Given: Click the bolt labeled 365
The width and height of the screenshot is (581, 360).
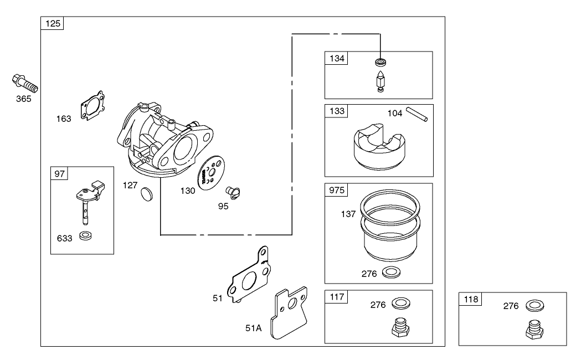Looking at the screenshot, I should (x=24, y=84).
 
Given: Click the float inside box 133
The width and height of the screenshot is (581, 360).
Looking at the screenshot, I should (x=378, y=147).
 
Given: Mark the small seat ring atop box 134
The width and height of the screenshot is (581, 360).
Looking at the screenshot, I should (x=380, y=60).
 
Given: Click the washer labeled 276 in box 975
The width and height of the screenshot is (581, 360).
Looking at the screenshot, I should (x=392, y=272).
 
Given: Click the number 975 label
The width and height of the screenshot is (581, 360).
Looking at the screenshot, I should (x=337, y=190).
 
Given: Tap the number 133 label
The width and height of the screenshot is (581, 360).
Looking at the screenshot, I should (x=337, y=111).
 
